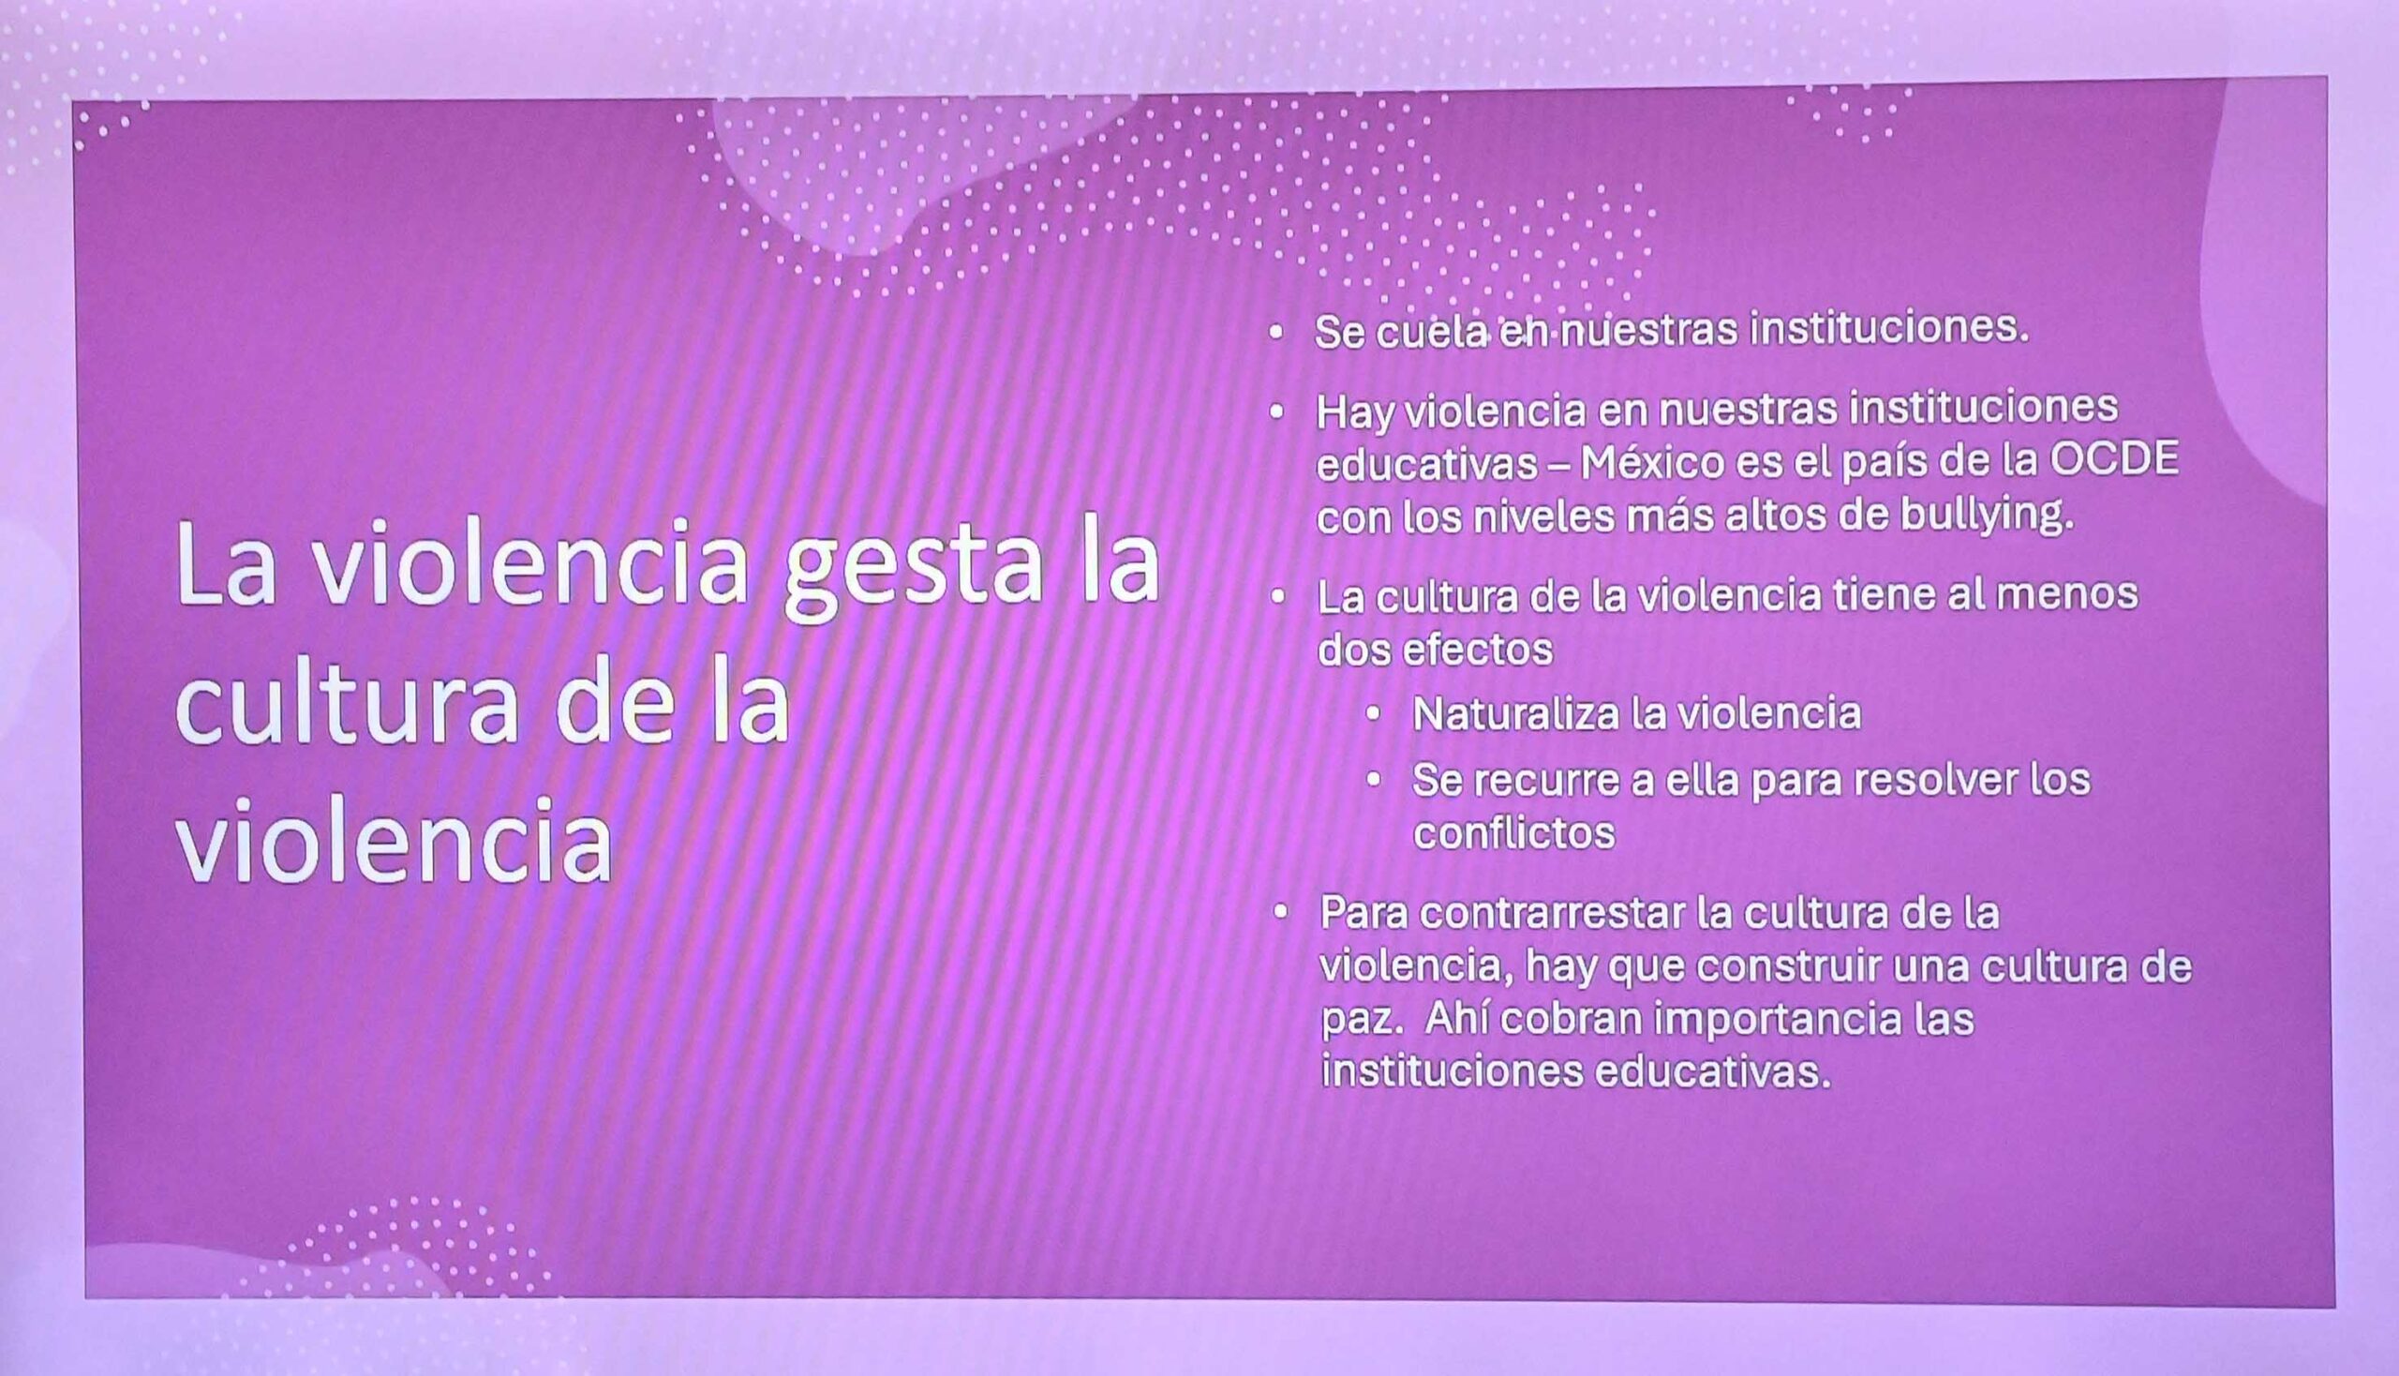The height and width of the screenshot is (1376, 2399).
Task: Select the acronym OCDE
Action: pyautogui.click(x=2114, y=460)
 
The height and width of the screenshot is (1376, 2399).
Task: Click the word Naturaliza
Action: pyautogui.click(x=1518, y=713)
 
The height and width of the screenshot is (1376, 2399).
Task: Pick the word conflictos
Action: pyautogui.click(x=1513, y=832)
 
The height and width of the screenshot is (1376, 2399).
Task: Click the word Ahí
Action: pyautogui.click(x=1457, y=1019)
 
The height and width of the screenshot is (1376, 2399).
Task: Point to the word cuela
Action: pyautogui.click(x=1435, y=331)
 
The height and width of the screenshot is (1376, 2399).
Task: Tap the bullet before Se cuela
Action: pyautogui.click(x=1276, y=333)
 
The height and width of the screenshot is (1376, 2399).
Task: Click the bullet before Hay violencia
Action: pyautogui.click(x=1276, y=412)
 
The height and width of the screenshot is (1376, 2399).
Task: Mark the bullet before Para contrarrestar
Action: pyautogui.click(x=1280, y=913)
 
